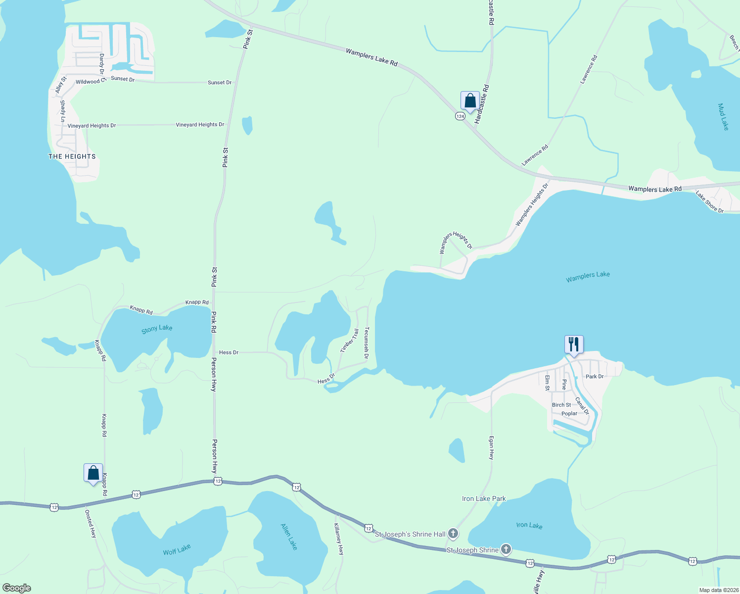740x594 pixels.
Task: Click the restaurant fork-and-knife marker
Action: click(x=574, y=344)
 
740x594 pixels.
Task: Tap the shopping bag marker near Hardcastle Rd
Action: click(x=470, y=101)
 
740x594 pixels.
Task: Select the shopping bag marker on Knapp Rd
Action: click(x=93, y=473)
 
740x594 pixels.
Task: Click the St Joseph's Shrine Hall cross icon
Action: click(x=453, y=534)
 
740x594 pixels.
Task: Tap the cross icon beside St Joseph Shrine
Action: click(x=506, y=549)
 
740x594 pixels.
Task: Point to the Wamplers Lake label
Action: click(x=588, y=277)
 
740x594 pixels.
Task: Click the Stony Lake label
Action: click(x=157, y=328)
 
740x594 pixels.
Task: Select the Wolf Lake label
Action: click(x=177, y=549)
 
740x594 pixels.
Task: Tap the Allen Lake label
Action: click(x=289, y=537)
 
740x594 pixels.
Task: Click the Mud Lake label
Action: click(x=723, y=117)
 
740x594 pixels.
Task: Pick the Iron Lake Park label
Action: click(x=484, y=498)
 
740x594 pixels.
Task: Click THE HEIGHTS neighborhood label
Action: click(x=72, y=156)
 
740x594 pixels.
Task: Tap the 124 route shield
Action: click(x=460, y=116)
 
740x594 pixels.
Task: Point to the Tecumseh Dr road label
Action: click(x=367, y=339)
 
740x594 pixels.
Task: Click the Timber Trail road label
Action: click(x=349, y=341)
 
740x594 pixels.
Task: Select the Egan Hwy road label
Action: click(x=491, y=447)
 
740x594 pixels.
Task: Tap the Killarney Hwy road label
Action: click(x=338, y=539)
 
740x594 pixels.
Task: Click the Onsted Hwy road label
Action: click(x=91, y=524)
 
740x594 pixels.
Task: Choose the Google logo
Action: click(x=16, y=588)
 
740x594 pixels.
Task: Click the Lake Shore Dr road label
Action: click(x=709, y=202)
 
